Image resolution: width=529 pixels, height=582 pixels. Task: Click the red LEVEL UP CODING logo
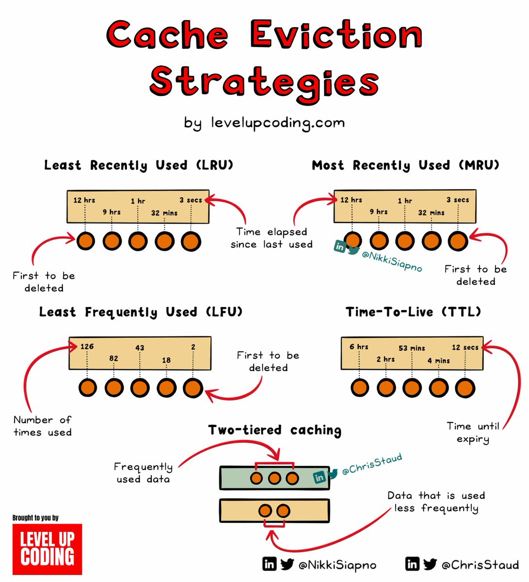pos(47,549)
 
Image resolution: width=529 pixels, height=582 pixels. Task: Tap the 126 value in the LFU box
pos(87,346)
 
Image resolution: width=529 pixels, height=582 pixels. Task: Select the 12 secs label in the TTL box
pos(465,347)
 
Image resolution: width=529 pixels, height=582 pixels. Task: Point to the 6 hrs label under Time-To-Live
pos(359,347)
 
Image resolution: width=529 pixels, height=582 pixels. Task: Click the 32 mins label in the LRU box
pos(164,213)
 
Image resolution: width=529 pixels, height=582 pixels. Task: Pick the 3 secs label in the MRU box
pos(458,200)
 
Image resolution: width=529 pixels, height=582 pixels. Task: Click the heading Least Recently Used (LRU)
pos(139,165)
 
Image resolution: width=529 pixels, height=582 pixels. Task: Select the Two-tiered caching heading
pos(274,430)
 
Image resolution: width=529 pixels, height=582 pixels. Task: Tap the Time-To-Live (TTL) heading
pos(413,312)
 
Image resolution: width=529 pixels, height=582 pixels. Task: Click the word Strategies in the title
pos(264,82)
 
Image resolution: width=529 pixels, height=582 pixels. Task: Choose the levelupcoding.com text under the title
pos(278,122)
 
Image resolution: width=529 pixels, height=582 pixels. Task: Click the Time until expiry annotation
pos(473,433)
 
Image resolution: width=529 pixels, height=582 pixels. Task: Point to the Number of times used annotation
pos(43,426)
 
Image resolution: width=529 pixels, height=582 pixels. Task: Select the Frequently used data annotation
pos(143,473)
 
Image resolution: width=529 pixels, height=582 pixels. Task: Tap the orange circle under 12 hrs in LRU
pos(85,241)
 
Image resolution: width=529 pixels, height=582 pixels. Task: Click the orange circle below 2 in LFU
pos(193,388)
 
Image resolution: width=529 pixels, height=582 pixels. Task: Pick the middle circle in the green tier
pos(274,478)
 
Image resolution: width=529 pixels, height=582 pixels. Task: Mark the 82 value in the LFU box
pos(113,358)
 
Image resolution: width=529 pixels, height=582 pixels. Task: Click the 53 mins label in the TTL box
pos(412,348)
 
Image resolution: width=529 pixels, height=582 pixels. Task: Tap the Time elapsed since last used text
pos(272,238)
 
